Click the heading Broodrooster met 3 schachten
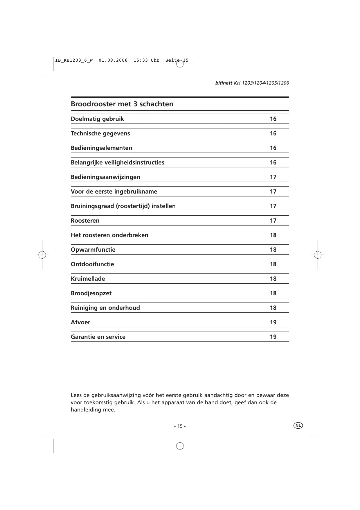tap(122, 104)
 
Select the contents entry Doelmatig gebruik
tap(97, 119)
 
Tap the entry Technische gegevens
tap(100, 133)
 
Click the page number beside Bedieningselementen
tap(273, 148)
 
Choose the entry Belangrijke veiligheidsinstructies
tap(117, 162)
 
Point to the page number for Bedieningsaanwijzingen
tap(273, 177)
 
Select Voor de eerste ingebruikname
tap(114, 192)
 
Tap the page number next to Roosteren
tap(273, 221)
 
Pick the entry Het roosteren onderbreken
tap(109, 235)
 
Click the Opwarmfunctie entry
tap(93, 250)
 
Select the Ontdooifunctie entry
tap(92, 264)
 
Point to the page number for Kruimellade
tap(273, 279)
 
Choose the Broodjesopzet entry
tap(91, 293)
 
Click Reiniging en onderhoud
tap(105, 308)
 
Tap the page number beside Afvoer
tap(273, 322)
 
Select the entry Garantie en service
tap(98, 337)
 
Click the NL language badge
tap(298, 425)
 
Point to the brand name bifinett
tap(224, 83)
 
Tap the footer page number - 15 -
tap(180, 426)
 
